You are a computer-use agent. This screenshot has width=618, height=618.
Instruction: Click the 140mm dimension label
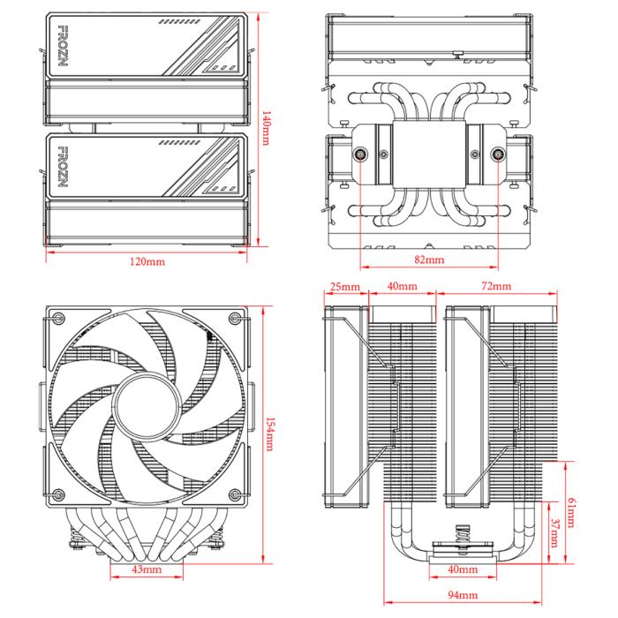pyautogui.click(x=267, y=129)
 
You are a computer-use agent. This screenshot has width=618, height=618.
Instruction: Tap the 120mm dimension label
pyautogui.click(x=147, y=261)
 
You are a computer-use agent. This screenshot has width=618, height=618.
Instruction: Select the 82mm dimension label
pyautogui.click(x=429, y=260)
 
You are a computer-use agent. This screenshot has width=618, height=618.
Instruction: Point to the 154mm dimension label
pyautogui.click(x=269, y=434)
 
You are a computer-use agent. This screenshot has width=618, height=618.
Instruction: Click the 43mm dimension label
pyautogui.click(x=147, y=569)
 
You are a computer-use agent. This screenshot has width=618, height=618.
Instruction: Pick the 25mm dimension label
pyautogui.click(x=345, y=287)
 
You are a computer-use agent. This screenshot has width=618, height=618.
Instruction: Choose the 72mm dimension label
pyautogui.click(x=496, y=286)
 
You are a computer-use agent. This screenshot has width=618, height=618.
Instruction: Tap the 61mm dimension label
pyautogui.click(x=571, y=512)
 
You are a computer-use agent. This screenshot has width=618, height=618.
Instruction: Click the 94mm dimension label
pyautogui.click(x=463, y=595)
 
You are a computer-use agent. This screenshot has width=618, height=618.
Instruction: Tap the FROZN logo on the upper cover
pyautogui.click(x=63, y=46)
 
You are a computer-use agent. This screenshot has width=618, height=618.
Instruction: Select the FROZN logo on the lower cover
pyautogui.click(x=63, y=167)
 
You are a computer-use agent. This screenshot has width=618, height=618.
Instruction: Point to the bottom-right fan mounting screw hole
pyautogui.click(x=235, y=494)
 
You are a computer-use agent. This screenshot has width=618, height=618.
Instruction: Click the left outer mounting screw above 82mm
pyautogui.click(x=360, y=154)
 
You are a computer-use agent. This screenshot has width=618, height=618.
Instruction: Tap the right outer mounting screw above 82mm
pyautogui.click(x=498, y=154)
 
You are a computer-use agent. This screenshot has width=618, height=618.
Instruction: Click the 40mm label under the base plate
pyautogui.click(x=463, y=569)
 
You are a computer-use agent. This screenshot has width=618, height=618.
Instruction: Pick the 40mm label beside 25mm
pyautogui.click(x=402, y=286)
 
